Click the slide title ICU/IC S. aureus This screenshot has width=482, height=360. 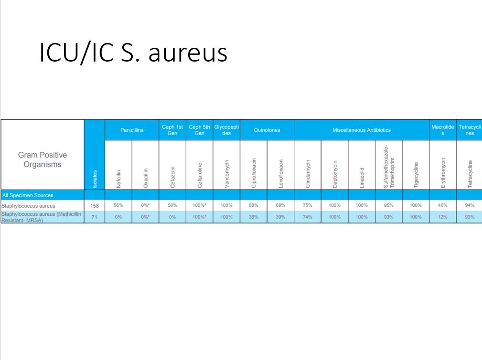pos(133,52)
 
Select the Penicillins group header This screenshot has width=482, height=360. pos(132,130)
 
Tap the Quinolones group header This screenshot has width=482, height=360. pos(267,130)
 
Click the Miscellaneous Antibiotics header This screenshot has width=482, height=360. pos(362,130)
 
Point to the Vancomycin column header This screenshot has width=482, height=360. pos(226,173)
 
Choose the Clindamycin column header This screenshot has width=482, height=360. pos(308,173)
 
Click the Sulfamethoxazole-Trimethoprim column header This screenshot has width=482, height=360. pos(388,167)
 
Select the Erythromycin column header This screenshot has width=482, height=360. pos(443,173)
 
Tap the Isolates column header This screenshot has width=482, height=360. pos(95,179)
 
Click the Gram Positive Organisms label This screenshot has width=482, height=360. pos(43,159)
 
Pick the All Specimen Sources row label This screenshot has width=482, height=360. pos(28,195)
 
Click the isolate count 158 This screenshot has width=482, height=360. pos(95,205)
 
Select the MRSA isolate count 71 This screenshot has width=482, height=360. pos(95,217)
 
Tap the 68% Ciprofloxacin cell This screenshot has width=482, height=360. pos(253,205)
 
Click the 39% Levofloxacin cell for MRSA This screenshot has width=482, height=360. pos(280,217)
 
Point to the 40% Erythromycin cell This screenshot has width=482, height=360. pos(443,205)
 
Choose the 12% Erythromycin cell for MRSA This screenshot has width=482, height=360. pos(443,217)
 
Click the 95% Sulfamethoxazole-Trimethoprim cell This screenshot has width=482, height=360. pos(388,205)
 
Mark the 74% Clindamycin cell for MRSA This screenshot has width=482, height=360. pos(307,217)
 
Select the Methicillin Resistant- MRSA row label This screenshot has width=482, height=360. pos(42,217)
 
